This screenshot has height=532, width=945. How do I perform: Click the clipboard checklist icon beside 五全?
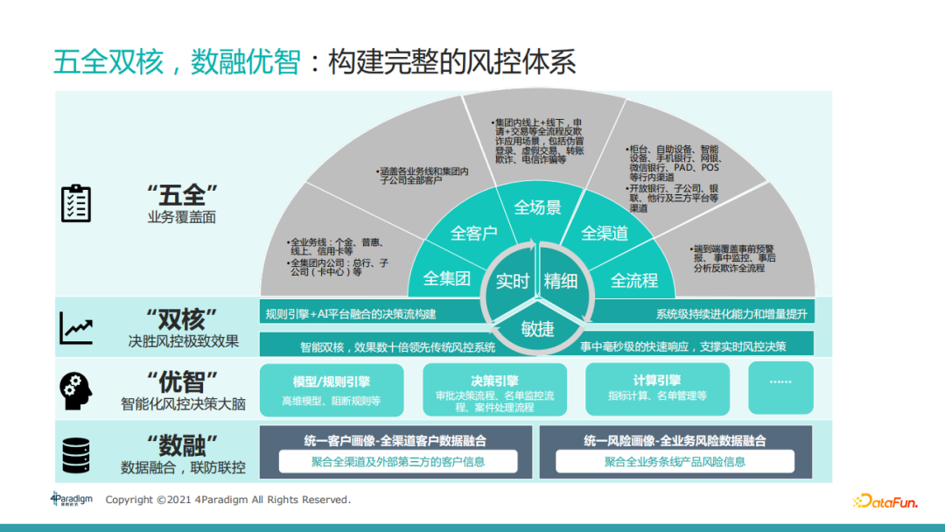(75, 203)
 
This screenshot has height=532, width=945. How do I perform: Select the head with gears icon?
(75, 391)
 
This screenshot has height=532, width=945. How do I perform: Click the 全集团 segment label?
(447, 279)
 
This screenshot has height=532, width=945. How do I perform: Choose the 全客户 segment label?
(473, 234)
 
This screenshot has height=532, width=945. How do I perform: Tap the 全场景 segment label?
(537, 207)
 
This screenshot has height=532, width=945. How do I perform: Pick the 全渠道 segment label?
(605, 234)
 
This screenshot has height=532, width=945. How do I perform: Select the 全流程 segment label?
(634, 280)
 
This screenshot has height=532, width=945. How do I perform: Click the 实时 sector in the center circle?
(513, 281)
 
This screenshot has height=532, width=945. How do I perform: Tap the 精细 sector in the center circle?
(561, 281)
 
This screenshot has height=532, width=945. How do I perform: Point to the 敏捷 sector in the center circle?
(537, 329)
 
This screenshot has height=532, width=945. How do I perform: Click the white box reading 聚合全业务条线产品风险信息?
(675, 461)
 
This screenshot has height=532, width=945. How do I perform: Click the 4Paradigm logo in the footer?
(71, 500)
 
